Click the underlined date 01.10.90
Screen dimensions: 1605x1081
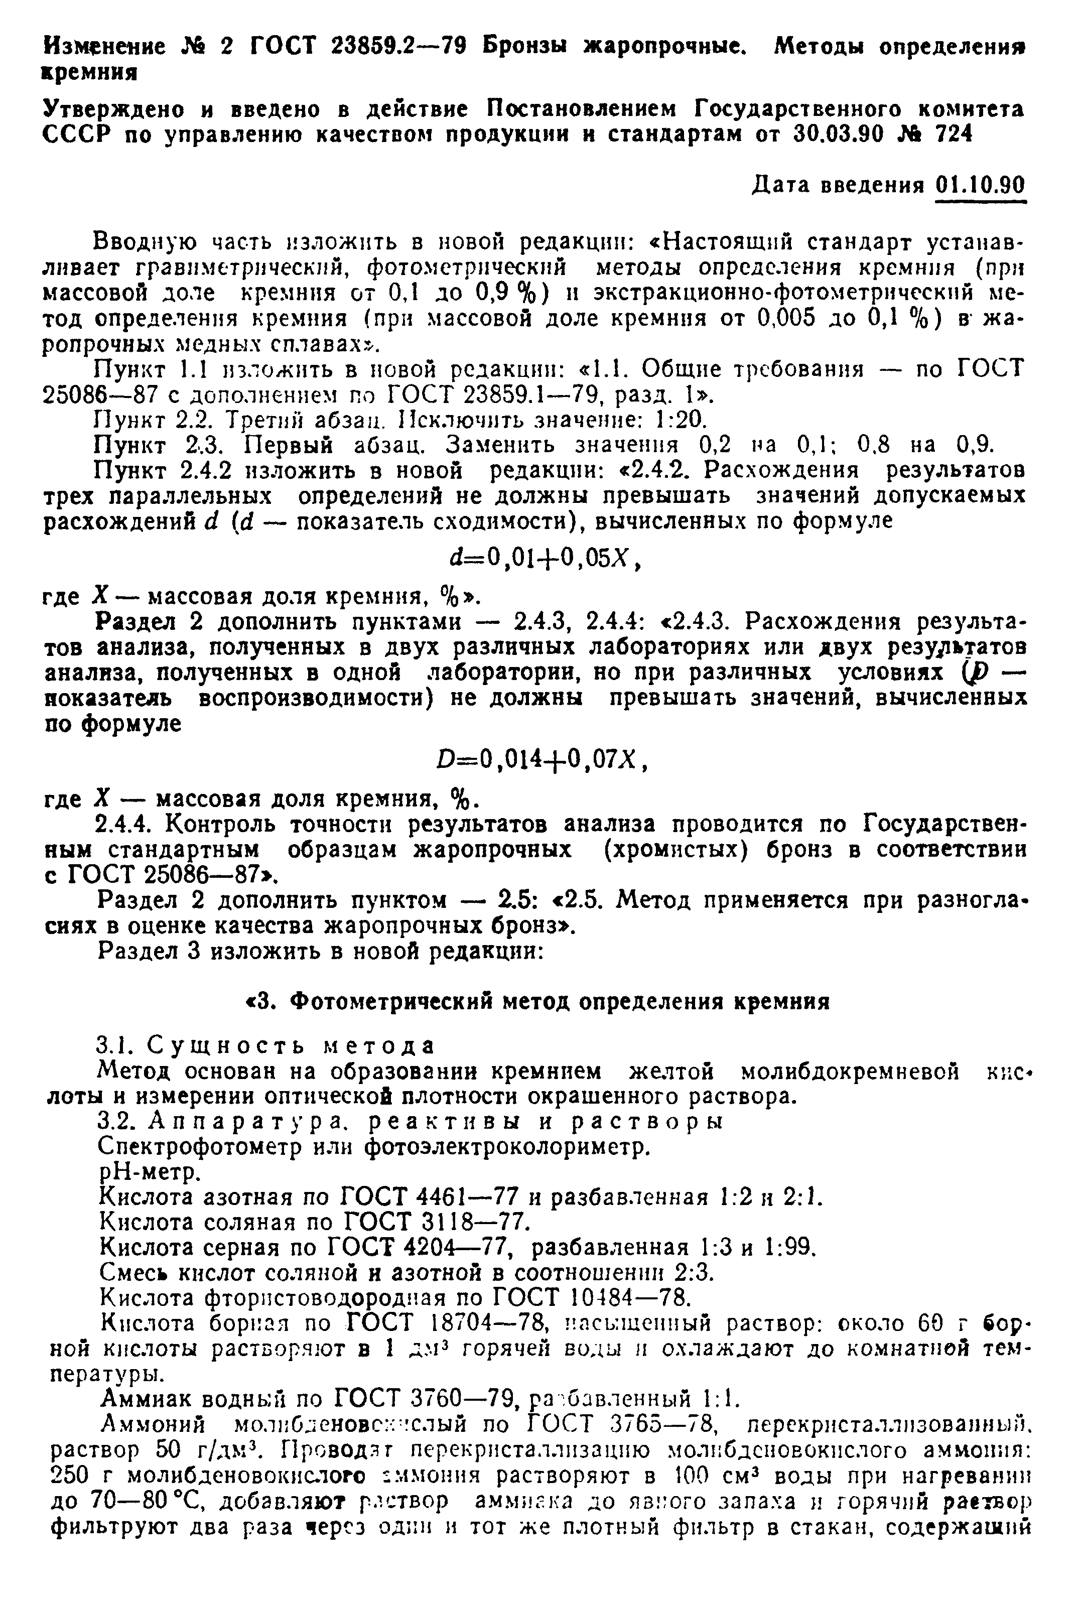980,186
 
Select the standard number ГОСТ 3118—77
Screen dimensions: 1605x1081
436,1223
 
